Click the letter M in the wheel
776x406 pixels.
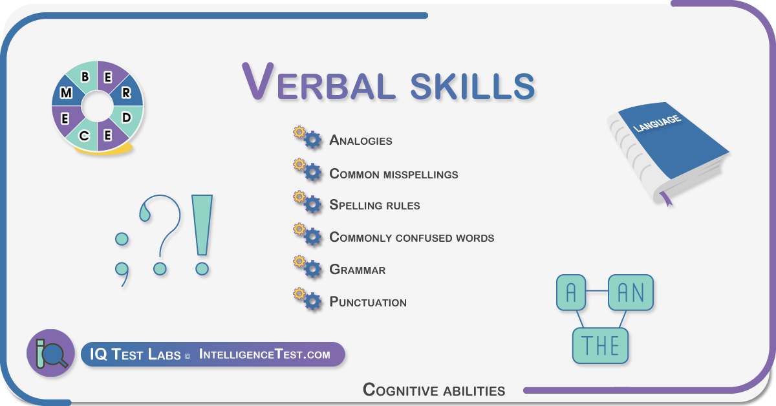point(66,92)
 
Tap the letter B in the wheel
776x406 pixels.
point(85,76)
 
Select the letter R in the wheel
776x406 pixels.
point(127,92)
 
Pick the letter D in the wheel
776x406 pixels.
point(127,118)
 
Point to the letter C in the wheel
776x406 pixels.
point(84,136)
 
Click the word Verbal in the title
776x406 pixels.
point(318,83)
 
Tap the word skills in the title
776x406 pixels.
point(473,86)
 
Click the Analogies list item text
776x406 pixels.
point(361,140)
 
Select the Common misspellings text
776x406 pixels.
point(394,173)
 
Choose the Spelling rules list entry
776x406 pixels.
point(374,205)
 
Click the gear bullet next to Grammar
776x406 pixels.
point(308,267)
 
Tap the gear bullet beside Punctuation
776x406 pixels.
point(308,299)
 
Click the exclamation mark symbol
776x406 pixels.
point(202,235)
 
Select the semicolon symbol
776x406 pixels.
point(122,259)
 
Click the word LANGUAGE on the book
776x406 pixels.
point(657,123)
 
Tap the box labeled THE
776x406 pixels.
point(600,346)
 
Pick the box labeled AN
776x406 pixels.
point(631,292)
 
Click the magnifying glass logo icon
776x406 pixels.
point(51,353)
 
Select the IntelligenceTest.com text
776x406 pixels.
point(264,354)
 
